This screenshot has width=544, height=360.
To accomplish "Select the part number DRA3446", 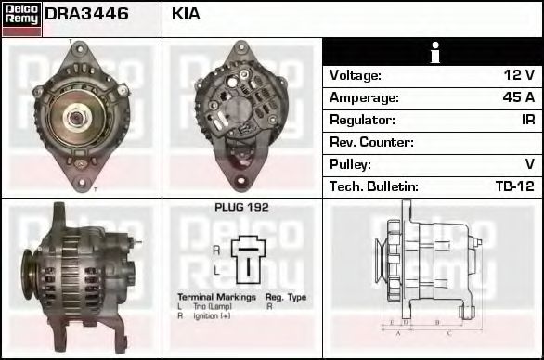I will [x=86, y=15].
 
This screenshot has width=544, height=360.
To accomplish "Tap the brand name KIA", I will [x=186, y=15].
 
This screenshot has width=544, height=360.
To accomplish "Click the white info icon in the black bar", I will [x=434, y=53].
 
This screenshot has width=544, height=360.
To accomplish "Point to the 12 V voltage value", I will [x=518, y=75].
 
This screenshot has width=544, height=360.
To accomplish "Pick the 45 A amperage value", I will [x=517, y=97].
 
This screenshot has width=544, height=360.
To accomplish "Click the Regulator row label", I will [x=362, y=120].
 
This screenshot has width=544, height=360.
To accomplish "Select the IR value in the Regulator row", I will [x=527, y=120].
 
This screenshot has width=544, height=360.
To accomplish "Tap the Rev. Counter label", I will [x=372, y=142].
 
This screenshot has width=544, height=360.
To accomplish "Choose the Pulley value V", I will [x=529, y=164].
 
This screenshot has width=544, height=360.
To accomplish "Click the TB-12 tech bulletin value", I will [x=514, y=186].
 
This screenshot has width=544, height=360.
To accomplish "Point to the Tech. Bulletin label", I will [x=374, y=186].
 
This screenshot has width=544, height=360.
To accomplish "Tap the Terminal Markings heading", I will [x=214, y=297].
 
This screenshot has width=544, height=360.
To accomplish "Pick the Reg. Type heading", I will [x=285, y=297].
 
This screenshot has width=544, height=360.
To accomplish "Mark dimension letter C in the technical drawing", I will [x=448, y=331].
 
